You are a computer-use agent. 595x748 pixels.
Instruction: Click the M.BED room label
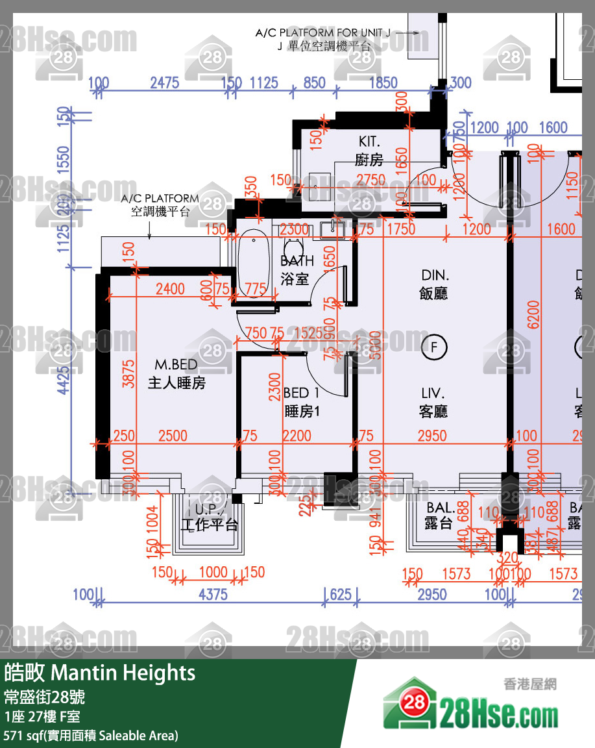[x=176, y=365]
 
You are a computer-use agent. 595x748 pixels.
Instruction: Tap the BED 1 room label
[x=301, y=393]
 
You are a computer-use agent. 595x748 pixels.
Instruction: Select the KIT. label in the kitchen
[x=369, y=142]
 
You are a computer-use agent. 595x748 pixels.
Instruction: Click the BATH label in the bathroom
[x=297, y=261]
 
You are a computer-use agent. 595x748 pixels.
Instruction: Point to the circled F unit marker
[x=434, y=347]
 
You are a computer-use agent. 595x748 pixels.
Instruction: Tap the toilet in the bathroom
[x=294, y=247]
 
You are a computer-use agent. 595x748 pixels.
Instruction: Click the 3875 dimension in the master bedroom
[x=128, y=374]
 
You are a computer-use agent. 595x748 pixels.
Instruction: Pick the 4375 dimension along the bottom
[x=213, y=595]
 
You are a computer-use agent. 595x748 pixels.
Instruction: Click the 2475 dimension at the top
[x=164, y=83]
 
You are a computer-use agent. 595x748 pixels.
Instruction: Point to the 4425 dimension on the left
[x=63, y=379]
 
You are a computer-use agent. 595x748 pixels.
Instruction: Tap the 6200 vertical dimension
[x=533, y=314]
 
